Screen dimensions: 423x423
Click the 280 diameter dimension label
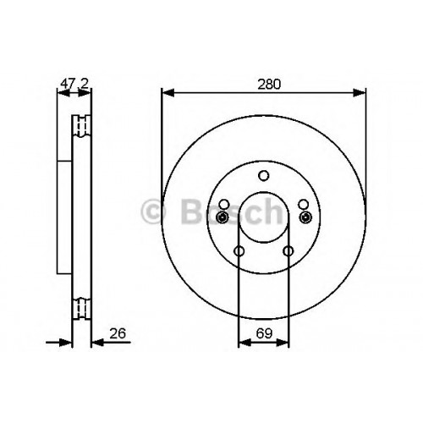[x=269, y=85]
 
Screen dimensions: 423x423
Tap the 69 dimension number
[x=264, y=333]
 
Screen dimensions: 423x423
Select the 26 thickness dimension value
[x=118, y=333]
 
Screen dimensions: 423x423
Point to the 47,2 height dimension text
[x=74, y=84]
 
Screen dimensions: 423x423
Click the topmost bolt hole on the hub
[x=264, y=176]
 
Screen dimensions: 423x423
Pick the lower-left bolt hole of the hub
[x=239, y=250]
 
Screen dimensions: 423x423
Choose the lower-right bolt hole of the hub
[x=288, y=250]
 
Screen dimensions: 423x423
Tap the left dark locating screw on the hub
[x=222, y=217]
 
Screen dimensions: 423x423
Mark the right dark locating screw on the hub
[x=305, y=217]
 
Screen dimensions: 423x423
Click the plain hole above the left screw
[x=224, y=204]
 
